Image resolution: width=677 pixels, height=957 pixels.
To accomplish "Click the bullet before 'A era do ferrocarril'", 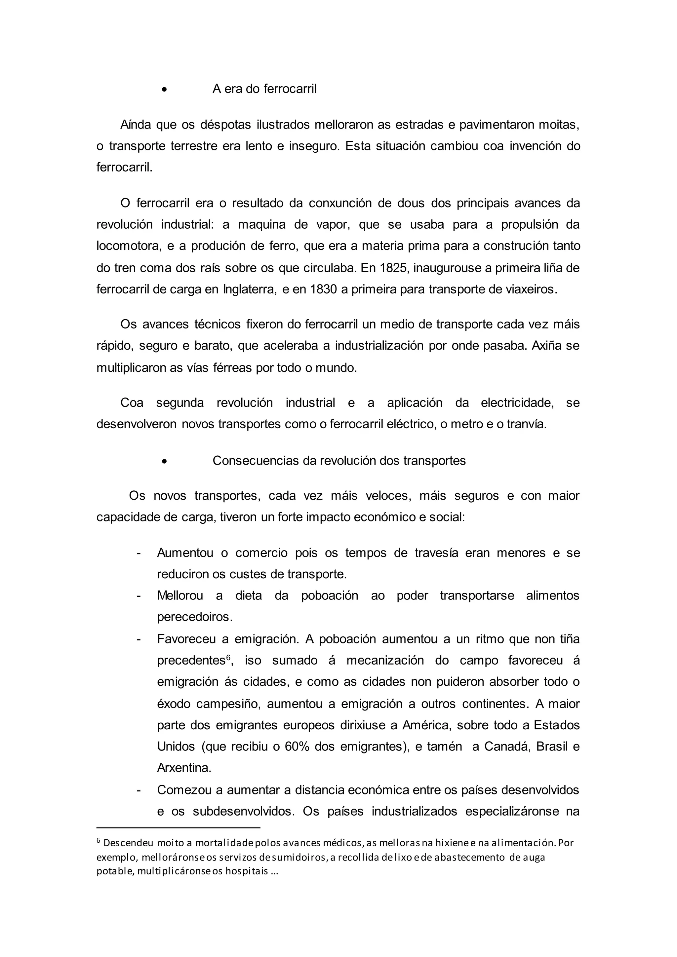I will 165,89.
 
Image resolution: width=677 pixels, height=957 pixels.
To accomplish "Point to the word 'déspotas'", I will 225,125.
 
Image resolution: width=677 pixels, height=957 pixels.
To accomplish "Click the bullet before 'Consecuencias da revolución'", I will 165,461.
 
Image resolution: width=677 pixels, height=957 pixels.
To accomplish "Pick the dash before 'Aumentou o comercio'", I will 139,553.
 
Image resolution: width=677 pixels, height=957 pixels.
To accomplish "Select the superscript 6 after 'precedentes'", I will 228,657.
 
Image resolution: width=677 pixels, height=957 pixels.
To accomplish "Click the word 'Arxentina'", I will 183,768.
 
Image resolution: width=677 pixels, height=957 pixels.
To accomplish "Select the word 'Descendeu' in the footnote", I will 128,843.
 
